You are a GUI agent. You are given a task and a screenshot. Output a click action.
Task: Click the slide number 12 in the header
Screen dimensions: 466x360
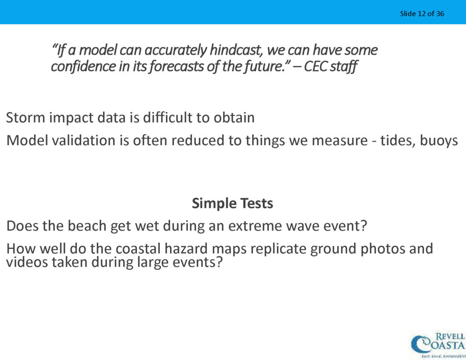[421, 14]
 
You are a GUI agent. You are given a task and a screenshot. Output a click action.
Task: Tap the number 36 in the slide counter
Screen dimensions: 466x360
[440, 14]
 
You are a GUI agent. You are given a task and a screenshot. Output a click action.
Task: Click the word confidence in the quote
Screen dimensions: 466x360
[83, 66]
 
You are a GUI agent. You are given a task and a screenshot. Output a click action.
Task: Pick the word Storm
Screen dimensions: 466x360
[26, 118]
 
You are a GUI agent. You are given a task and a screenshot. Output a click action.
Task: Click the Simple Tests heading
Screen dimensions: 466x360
[233, 204]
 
